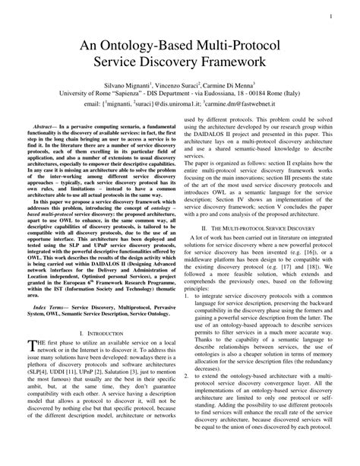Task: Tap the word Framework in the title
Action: (255, 65)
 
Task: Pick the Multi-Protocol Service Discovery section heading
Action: (265, 227)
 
